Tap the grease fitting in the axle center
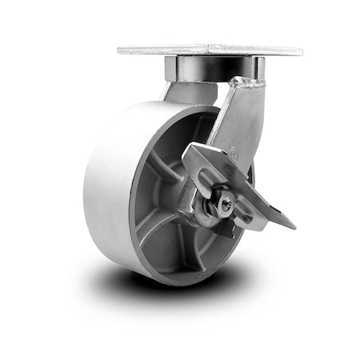pyautogui.click(x=226, y=206)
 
